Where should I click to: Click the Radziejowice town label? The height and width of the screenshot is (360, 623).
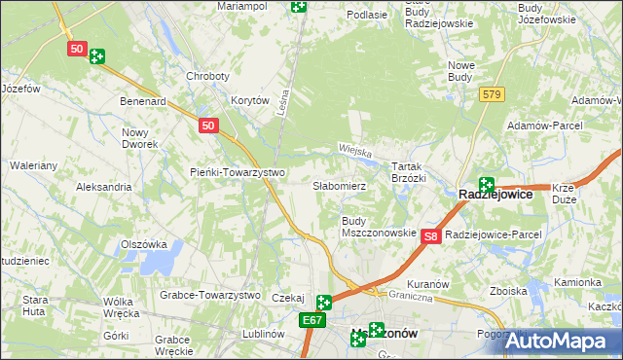pyautogui.click(x=495, y=195)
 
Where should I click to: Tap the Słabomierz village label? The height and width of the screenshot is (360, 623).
pyautogui.click(x=339, y=185)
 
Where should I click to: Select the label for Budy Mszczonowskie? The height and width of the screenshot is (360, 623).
pyautogui.click(x=379, y=227)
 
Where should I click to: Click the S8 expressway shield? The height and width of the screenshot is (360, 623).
pyautogui.click(x=433, y=235)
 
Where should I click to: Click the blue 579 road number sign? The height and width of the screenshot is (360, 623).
pyautogui.click(x=491, y=93)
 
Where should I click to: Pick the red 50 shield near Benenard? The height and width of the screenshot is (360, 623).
pyautogui.click(x=207, y=126)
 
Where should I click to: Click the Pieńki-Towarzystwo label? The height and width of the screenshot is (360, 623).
pyautogui.click(x=237, y=172)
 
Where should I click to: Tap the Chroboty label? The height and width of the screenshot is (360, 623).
pyautogui.click(x=207, y=76)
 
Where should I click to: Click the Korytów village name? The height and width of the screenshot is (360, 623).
pyautogui.click(x=249, y=100)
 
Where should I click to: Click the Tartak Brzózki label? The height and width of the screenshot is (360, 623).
pyautogui.click(x=409, y=172)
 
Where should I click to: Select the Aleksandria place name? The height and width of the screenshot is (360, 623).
pyautogui.click(x=103, y=186)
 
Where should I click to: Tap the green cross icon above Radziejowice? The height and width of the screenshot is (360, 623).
pyautogui.click(x=486, y=184)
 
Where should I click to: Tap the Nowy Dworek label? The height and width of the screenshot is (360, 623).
pyautogui.click(x=139, y=137)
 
